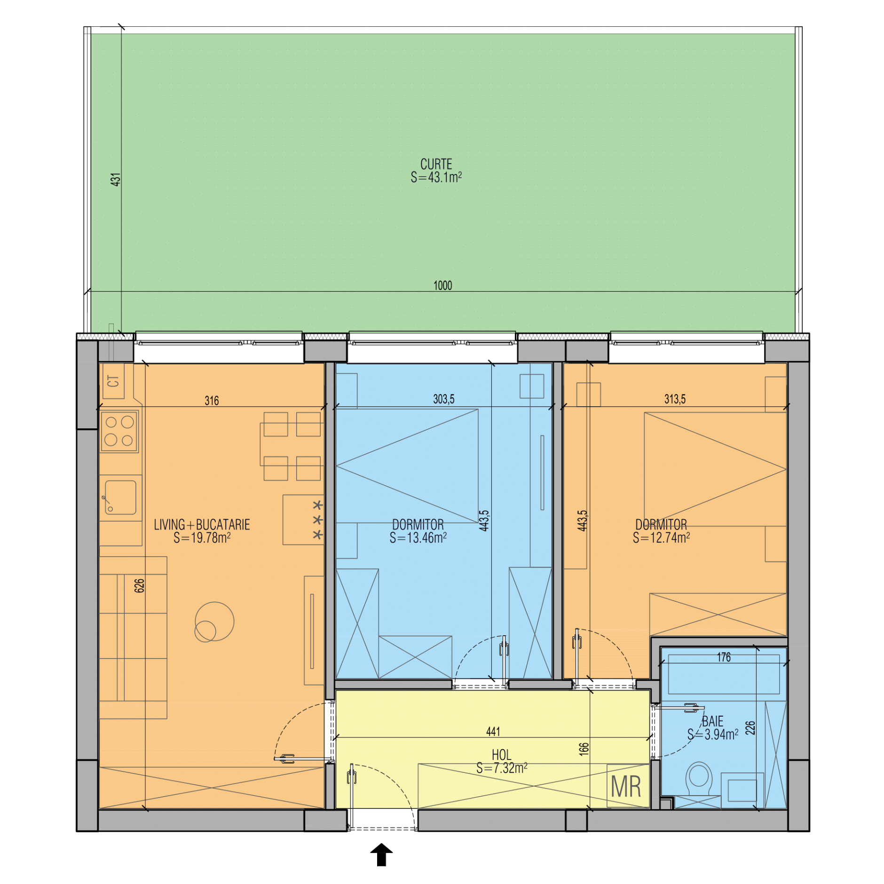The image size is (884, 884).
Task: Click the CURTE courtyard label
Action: coord(436,164)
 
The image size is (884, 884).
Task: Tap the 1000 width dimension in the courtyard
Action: coord(442,285)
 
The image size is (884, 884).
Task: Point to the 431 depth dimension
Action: coord(116,179)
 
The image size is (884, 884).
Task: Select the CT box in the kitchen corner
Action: coord(113,381)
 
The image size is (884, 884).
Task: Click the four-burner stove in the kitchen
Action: coord(119,431)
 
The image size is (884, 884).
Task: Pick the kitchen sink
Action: coord(120,497)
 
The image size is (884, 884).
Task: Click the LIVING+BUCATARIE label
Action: coord(202,524)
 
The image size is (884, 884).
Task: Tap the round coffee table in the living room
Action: coord(214,622)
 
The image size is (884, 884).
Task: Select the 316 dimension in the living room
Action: coord(212,401)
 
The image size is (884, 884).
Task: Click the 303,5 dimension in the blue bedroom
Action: coord(443,399)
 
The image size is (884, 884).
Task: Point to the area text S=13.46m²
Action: coord(418,538)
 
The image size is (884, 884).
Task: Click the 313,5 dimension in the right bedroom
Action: coord(675,399)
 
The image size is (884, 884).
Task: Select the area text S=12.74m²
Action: coord(661,537)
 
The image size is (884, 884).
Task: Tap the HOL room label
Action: coord(501,755)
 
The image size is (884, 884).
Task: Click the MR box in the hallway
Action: coord(626,787)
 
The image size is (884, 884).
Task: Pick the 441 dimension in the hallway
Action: coord(493,732)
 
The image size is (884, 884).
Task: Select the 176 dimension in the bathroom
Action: coord(724,657)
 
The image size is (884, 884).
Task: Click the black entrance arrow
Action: coord(381,854)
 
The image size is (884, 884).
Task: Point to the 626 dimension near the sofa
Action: coord(139,585)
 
